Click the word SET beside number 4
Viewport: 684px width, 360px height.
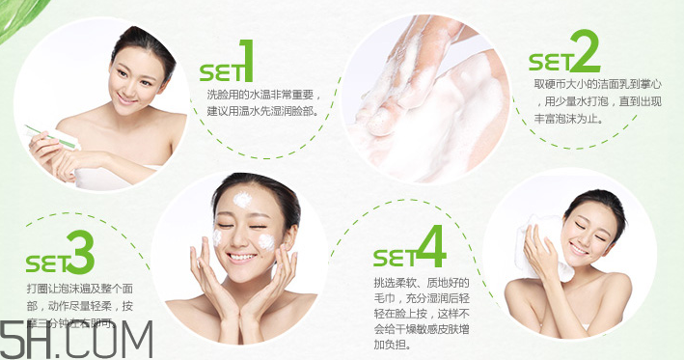point(393,259)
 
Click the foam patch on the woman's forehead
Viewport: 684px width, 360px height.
point(241,200)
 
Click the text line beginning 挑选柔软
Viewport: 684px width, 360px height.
point(421,281)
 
